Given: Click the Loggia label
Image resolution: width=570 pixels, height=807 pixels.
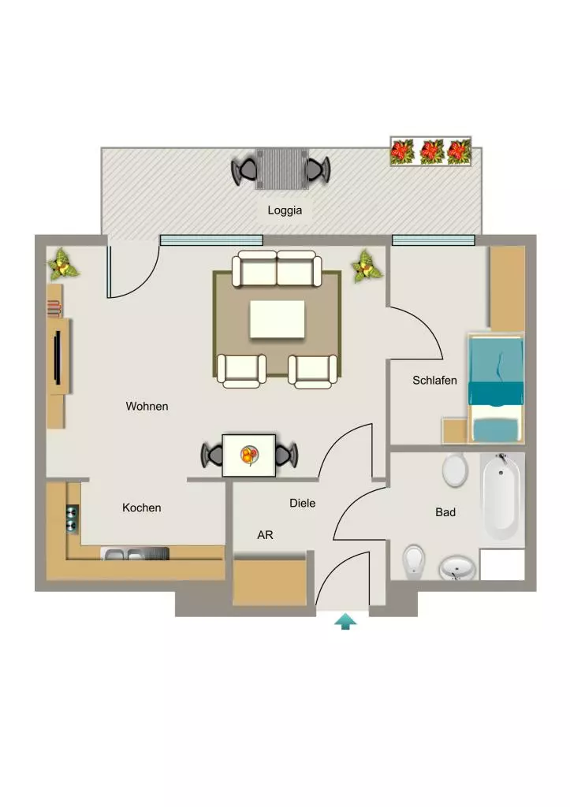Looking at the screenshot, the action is tap(285, 210).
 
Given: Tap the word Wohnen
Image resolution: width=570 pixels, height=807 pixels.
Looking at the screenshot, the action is tap(147, 406).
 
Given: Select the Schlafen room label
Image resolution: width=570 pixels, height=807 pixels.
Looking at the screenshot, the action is tap(434, 381).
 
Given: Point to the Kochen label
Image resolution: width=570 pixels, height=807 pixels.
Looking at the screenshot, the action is tap(142, 508).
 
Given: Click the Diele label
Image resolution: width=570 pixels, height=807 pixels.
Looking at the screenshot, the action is tap(302, 503).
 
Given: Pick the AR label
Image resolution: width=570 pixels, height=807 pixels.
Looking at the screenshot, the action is tap(265, 535).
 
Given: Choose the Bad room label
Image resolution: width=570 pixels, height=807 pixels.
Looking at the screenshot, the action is tap(445, 512).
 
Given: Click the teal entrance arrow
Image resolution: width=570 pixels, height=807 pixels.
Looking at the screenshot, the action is tap(345, 621).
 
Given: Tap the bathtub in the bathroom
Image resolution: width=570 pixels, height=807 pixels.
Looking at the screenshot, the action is tap(499, 496).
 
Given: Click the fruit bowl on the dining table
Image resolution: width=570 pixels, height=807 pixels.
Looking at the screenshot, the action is tap(249, 455).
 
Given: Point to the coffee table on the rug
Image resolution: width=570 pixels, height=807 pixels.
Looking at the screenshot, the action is tap(277, 320).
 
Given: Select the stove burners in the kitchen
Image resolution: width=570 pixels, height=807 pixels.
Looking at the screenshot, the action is tap(72, 519).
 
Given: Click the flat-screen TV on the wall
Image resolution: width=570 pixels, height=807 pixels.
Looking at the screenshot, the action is tap(58, 358).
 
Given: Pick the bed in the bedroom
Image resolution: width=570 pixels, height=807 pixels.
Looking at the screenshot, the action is tap(496, 389).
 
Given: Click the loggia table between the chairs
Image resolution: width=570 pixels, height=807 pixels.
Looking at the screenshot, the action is tap(282, 169).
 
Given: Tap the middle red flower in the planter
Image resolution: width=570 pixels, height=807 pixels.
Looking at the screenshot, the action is tap(431, 152).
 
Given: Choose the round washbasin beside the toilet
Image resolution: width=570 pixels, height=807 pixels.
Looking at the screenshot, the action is tap(457, 567).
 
